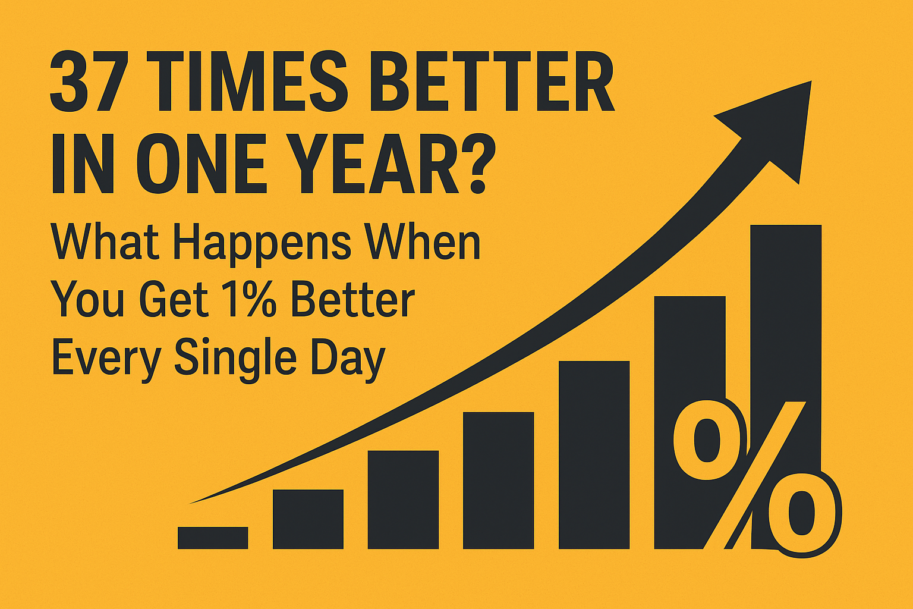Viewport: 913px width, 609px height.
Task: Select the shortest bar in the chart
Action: coord(213,538)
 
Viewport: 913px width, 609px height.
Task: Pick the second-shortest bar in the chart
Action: coord(308,519)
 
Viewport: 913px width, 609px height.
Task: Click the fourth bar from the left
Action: coord(498,480)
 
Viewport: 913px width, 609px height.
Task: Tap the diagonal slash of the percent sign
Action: coord(755,476)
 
